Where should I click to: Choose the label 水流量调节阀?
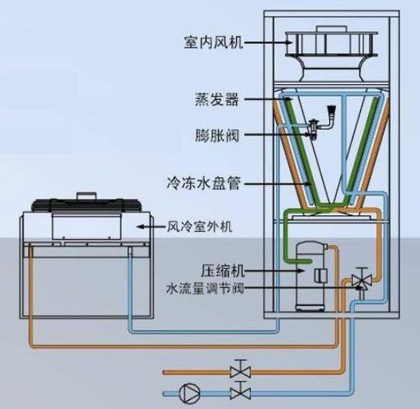[207, 288]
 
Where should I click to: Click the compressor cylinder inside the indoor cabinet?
[311, 274]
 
